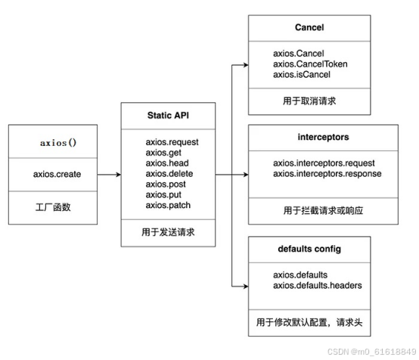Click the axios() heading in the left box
(57, 142)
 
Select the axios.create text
(57, 174)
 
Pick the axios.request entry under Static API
(172, 142)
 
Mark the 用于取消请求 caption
(309, 101)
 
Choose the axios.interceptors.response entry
(327, 174)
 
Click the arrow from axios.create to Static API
(107, 174)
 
